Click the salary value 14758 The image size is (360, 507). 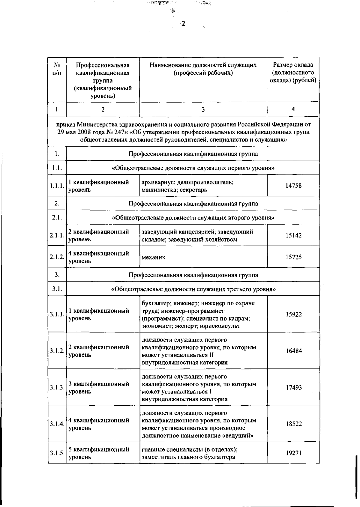(293, 186)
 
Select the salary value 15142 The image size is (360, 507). (293, 235)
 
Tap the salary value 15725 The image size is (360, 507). (293, 257)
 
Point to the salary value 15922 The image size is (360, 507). (293, 314)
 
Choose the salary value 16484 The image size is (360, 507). (293, 351)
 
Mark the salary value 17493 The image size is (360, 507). (293, 387)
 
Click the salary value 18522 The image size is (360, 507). (293, 424)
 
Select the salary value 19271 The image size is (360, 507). (293, 453)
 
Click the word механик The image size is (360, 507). (153, 257)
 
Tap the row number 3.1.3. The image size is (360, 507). (57, 387)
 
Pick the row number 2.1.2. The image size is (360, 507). (57, 257)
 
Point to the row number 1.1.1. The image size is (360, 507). (57, 186)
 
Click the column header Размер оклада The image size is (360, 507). (293, 65)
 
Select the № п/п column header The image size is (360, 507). (57, 69)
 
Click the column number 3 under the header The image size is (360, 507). (203, 109)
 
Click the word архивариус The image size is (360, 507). (157, 182)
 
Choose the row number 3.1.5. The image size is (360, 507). (57, 453)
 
